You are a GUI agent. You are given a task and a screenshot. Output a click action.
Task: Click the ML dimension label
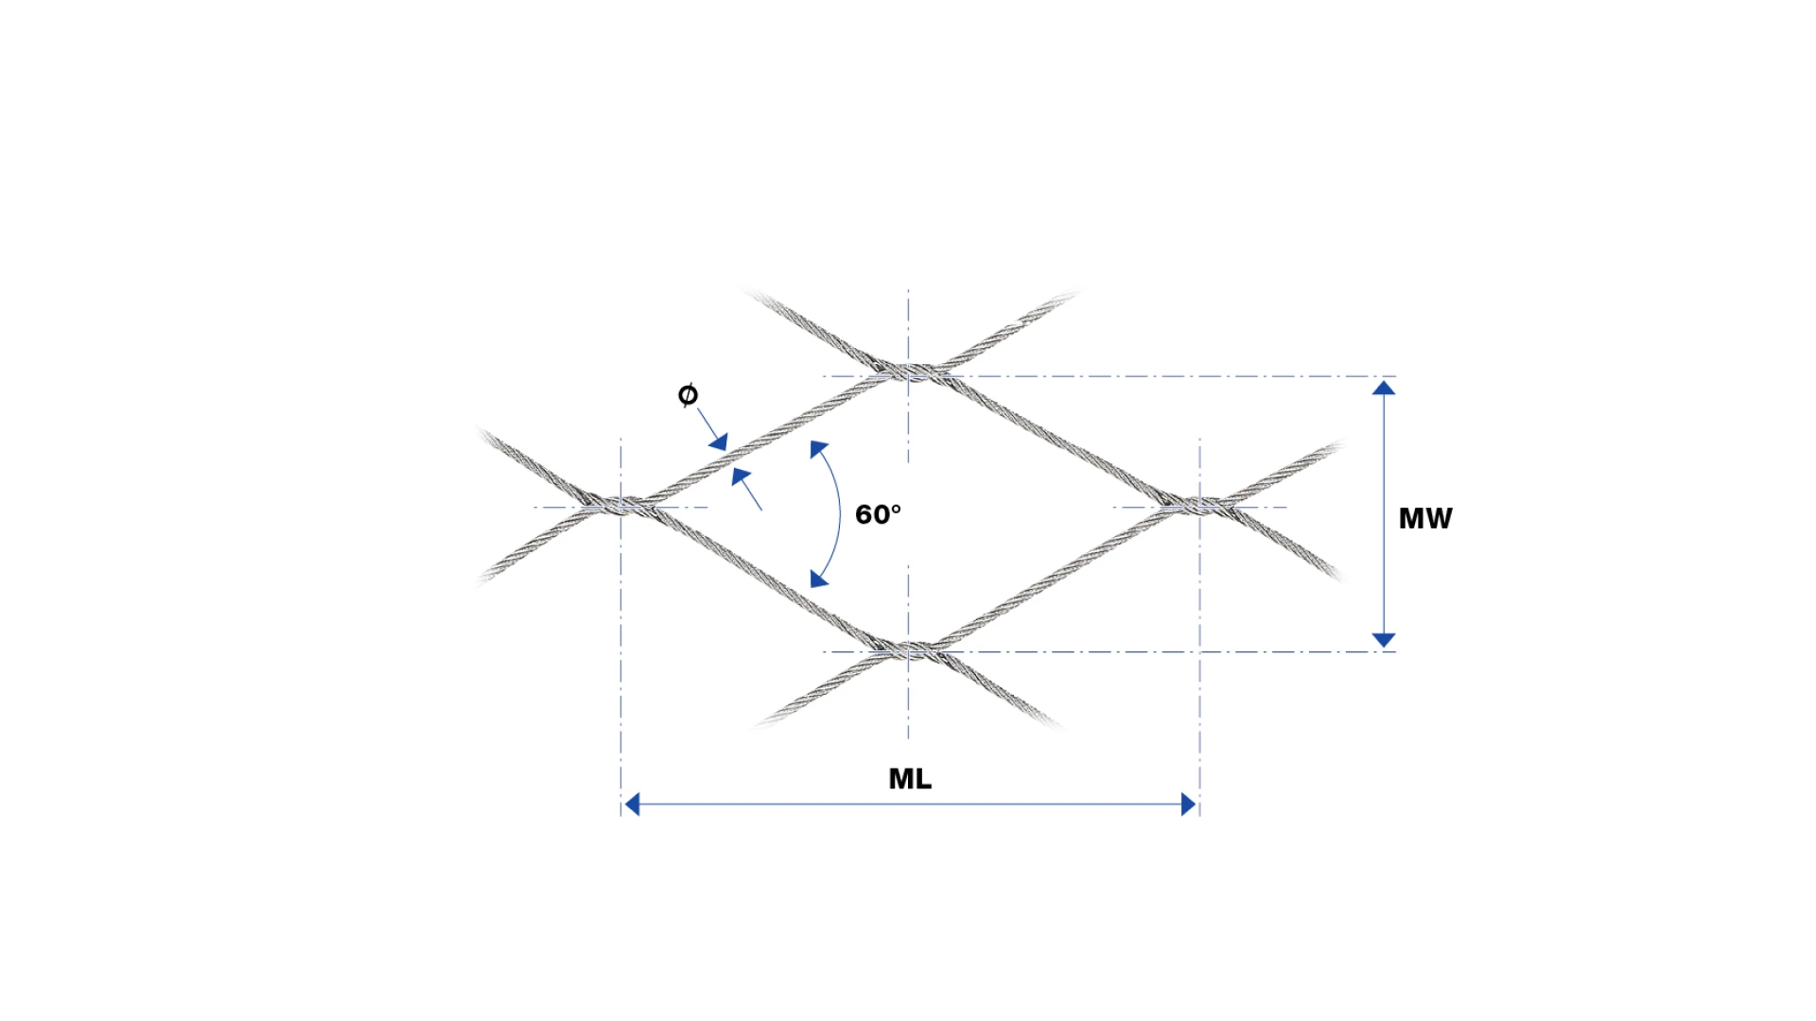(910, 779)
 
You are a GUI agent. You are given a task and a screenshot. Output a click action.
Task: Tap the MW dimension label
(1425, 518)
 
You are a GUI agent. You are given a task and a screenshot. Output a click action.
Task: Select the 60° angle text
(878, 514)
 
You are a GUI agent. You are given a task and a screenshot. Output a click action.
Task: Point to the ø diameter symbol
(688, 394)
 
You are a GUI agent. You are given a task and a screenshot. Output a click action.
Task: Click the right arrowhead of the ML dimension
(1189, 805)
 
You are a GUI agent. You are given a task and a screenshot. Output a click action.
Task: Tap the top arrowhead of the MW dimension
(1384, 388)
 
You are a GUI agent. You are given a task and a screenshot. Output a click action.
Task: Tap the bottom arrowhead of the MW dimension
(1384, 640)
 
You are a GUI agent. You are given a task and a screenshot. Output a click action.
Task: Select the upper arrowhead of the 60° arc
(818, 449)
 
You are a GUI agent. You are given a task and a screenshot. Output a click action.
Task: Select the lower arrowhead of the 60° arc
(819, 579)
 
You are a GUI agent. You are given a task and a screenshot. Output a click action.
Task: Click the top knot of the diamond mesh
(908, 371)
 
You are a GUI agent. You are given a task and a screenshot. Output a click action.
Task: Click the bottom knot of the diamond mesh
(908, 649)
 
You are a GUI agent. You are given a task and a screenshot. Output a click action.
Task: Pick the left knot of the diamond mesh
(620, 504)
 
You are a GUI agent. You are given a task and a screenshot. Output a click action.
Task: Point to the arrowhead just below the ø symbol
(719, 441)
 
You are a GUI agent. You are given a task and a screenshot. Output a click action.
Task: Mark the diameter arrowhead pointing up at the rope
(741, 476)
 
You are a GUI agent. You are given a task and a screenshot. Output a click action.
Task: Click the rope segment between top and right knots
(1054, 437)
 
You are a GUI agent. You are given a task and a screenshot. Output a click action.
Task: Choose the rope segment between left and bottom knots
(764, 577)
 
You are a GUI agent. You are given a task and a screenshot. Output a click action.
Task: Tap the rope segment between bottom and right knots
(1054, 577)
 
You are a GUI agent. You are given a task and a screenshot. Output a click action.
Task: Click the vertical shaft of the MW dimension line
(1384, 514)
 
